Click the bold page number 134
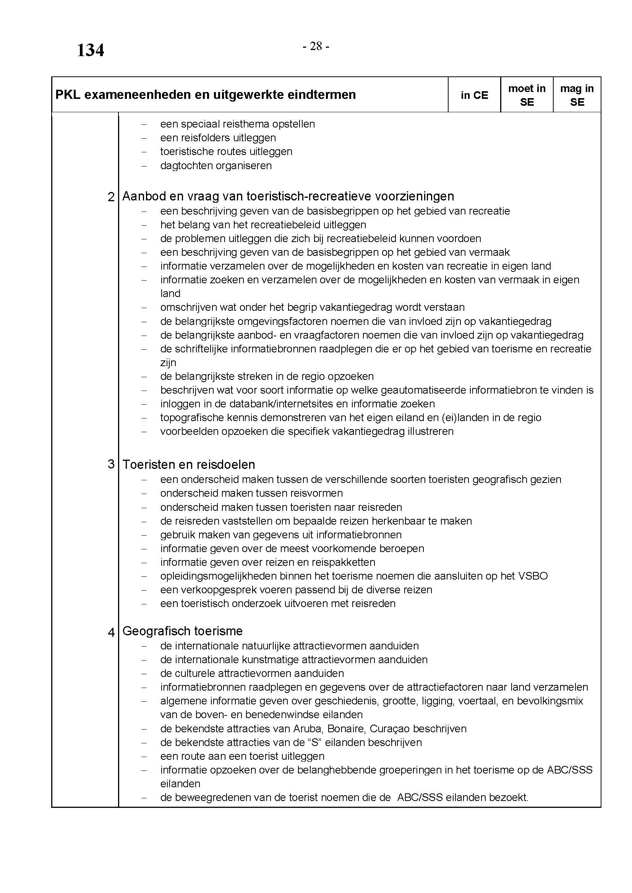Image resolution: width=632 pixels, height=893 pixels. (x=90, y=50)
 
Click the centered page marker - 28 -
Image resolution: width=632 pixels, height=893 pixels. (x=316, y=47)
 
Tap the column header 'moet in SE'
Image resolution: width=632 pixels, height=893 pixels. (x=527, y=95)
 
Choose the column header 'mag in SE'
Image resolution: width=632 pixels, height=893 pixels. (x=577, y=95)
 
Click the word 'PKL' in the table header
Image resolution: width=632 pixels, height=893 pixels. (x=68, y=95)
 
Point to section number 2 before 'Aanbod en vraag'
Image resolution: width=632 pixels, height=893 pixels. (x=111, y=197)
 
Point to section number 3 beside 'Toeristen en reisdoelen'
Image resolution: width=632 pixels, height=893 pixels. (x=111, y=464)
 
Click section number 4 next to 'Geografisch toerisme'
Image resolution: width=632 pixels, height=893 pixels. (x=111, y=633)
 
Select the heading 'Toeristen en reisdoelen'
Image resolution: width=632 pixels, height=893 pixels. (x=189, y=464)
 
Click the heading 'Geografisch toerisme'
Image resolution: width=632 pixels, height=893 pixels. (x=182, y=631)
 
